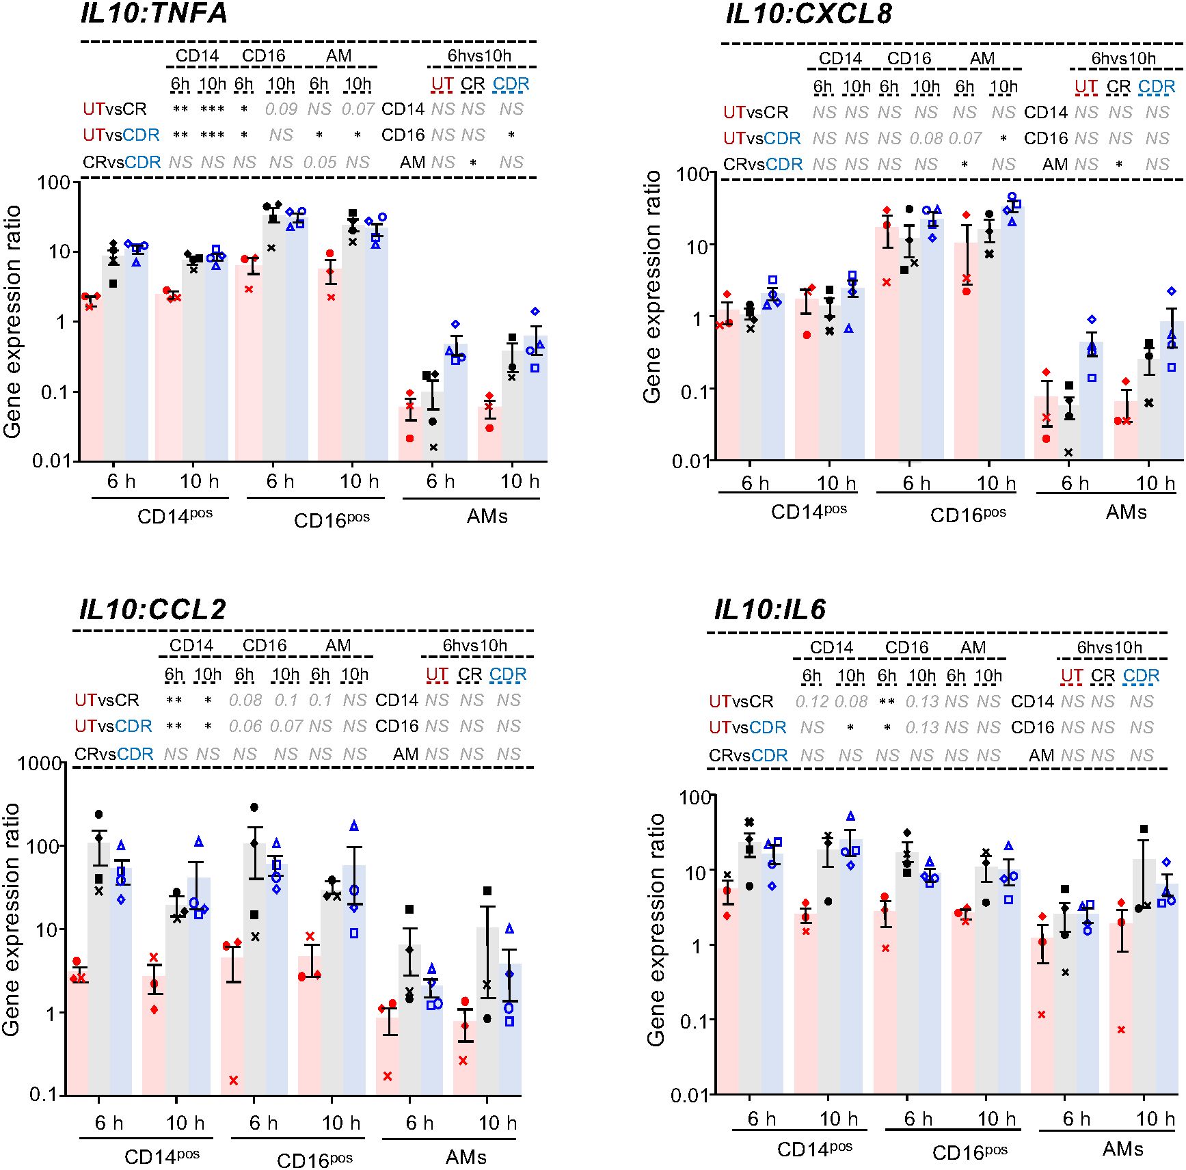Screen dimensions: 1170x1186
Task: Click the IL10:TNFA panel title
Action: [x=154, y=14]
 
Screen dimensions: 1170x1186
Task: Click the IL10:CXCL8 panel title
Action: [x=808, y=14]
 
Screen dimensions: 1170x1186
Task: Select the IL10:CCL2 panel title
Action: [x=152, y=609]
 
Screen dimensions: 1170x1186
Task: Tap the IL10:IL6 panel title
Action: [x=770, y=609]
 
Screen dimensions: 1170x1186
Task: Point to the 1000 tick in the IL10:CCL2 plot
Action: [x=40, y=763]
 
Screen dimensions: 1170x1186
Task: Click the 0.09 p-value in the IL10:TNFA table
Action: [x=280, y=109]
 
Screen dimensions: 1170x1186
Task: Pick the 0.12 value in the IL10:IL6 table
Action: [x=811, y=702]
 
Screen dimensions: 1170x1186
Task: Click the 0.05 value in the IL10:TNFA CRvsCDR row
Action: [x=320, y=163]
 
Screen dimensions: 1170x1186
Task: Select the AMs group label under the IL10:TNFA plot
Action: [x=487, y=517]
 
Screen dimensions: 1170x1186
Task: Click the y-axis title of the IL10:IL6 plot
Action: [x=656, y=929]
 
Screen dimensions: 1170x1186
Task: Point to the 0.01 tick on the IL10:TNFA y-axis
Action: [x=51, y=461]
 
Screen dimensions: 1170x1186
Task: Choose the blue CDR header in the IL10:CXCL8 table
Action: [x=1157, y=87]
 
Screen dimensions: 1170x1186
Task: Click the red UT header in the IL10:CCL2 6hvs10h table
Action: [x=437, y=675]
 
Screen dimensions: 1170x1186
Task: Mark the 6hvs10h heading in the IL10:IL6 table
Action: [x=1109, y=647]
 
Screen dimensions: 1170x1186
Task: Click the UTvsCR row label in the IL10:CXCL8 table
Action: [x=756, y=112]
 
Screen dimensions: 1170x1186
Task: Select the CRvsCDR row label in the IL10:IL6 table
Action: [x=748, y=756]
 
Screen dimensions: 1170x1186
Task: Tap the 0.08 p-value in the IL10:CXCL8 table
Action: [x=926, y=139]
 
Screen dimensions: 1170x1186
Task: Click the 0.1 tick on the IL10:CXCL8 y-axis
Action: [x=695, y=392]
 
